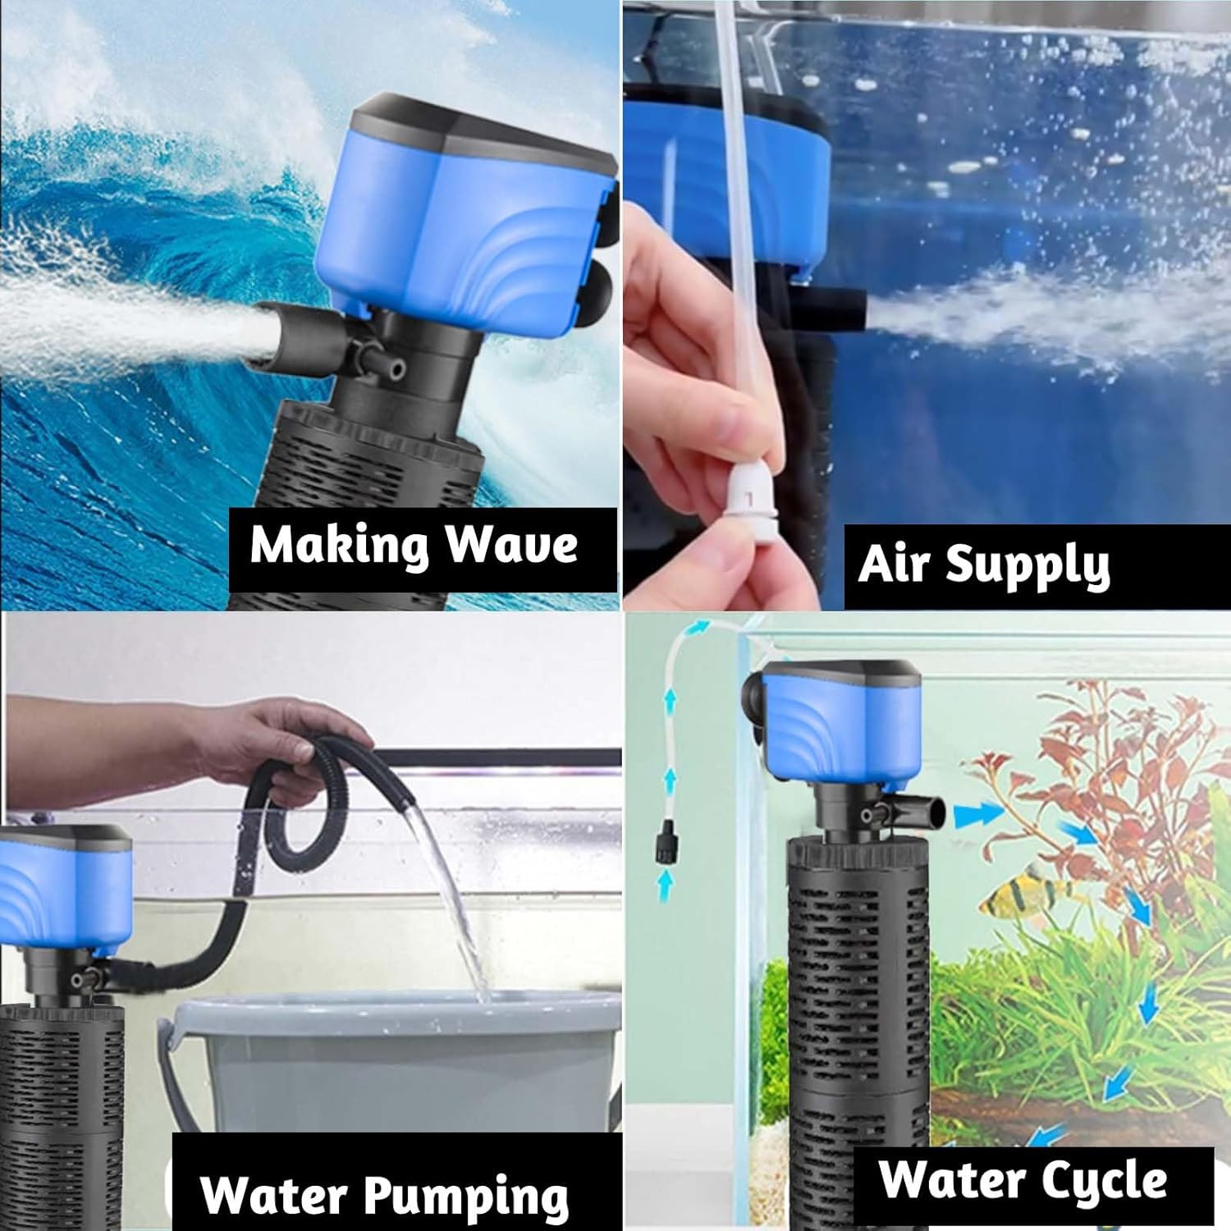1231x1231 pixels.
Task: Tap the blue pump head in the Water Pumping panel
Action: coord(66,890)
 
